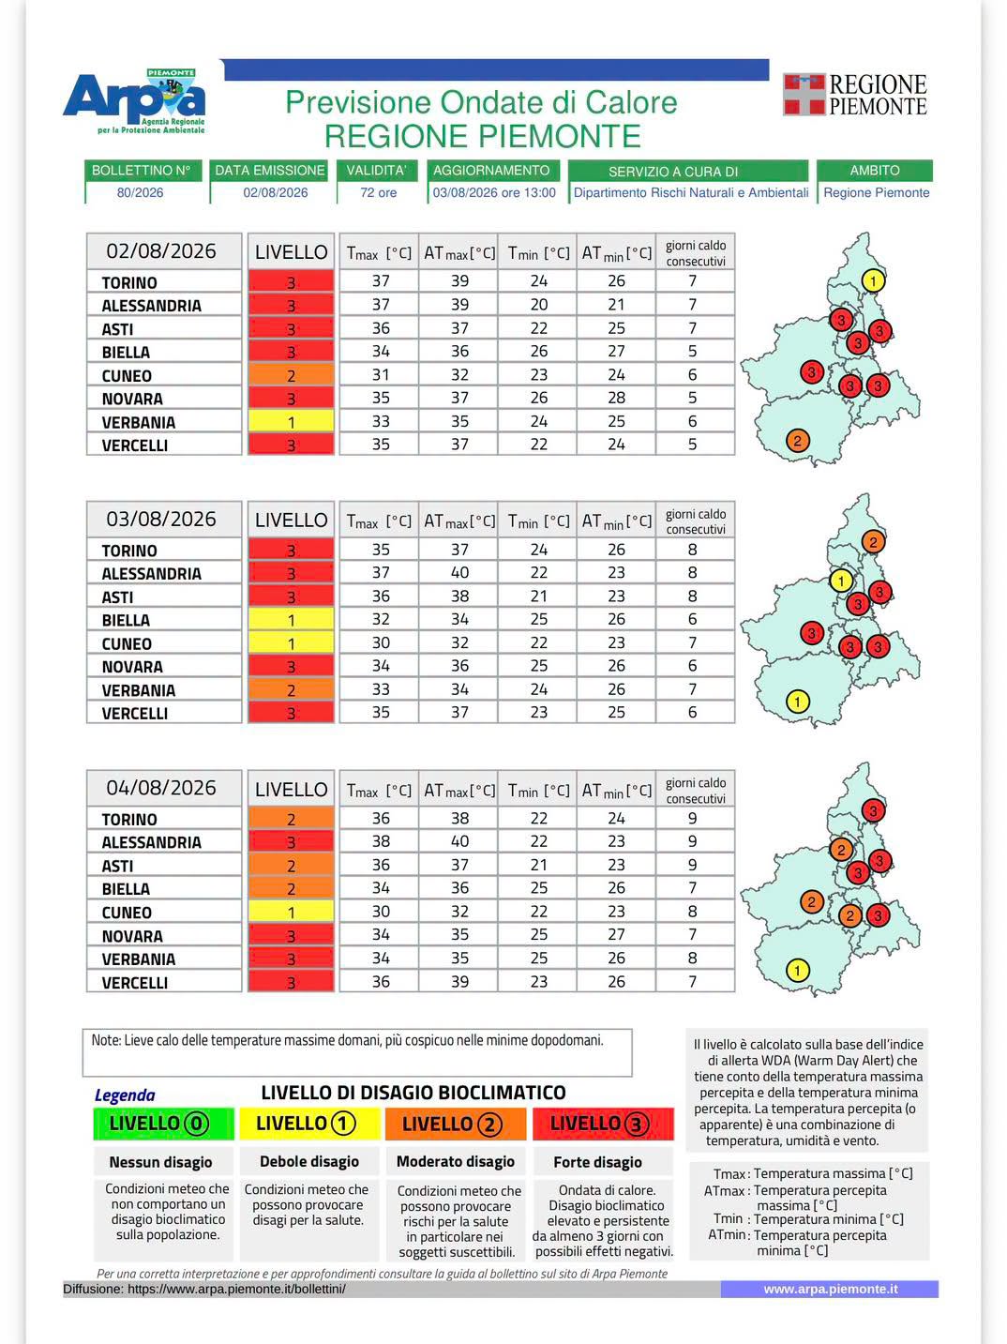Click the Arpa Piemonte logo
[x=134, y=101]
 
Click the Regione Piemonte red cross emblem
[x=804, y=95]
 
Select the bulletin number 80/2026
[x=141, y=192]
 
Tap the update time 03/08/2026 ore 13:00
[x=494, y=192]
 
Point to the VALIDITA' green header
[x=377, y=170]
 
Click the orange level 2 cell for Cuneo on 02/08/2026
[x=291, y=375]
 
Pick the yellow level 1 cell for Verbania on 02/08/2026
[x=291, y=421]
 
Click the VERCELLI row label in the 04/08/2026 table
[x=135, y=983]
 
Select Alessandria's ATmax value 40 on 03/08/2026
[x=459, y=572]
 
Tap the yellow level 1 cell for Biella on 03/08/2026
[x=291, y=620]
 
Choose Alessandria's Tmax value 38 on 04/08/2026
[x=381, y=841]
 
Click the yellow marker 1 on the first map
[x=873, y=280]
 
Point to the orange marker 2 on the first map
[x=797, y=440]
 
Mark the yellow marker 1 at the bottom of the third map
[x=797, y=970]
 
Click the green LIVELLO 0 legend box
[x=163, y=1124]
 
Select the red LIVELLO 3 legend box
[x=603, y=1124]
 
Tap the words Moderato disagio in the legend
[x=456, y=1161]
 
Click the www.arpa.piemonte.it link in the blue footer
[x=830, y=1289]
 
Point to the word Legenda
[x=125, y=1095]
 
